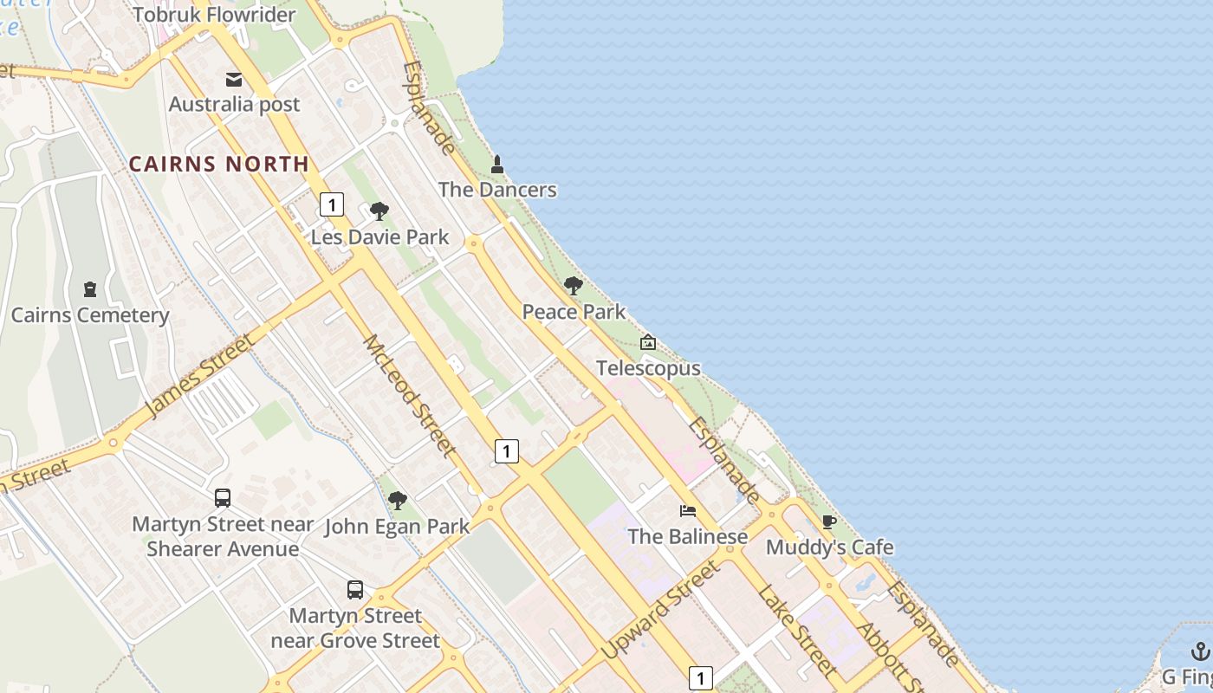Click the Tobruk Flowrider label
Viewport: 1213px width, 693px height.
point(214,15)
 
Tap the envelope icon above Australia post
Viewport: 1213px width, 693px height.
point(234,80)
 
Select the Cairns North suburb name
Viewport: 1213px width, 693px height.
point(219,164)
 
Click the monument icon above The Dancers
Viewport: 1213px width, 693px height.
point(497,164)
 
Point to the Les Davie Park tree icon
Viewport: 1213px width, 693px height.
point(379,211)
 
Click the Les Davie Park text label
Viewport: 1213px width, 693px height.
point(380,236)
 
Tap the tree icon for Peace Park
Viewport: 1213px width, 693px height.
point(573,286)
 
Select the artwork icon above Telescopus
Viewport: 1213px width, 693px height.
point(648,343)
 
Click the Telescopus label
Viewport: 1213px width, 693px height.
point(648,368)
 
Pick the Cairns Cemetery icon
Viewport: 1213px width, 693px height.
point(90,289)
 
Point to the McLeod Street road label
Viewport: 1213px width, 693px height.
point(409,396)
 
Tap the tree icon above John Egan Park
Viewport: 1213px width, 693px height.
point(398,500)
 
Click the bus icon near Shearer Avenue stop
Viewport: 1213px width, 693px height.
point(223,498)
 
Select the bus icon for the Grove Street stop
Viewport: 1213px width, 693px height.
point(355,590)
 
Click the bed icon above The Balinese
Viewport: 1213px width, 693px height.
point(688,511)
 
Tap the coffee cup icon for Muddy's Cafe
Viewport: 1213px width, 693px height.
point(829,521)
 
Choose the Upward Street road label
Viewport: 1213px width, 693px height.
point(661,609)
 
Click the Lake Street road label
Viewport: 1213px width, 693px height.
point(797,631)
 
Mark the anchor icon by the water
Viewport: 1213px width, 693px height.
point(1201,651)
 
